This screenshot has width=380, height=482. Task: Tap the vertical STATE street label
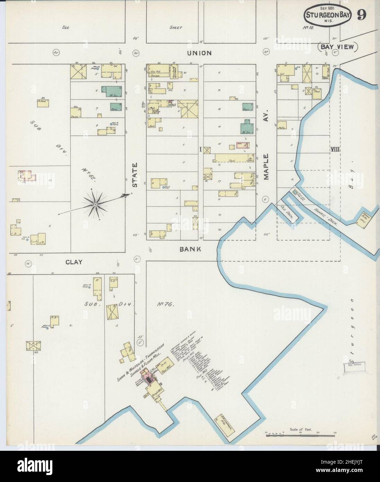tap(135, 175)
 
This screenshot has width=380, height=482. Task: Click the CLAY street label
tap(74, 262)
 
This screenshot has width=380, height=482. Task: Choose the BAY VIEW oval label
tap(338, 47)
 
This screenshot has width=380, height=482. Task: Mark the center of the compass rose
tap(95, 205)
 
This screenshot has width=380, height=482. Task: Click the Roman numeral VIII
tap(335, 149)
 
